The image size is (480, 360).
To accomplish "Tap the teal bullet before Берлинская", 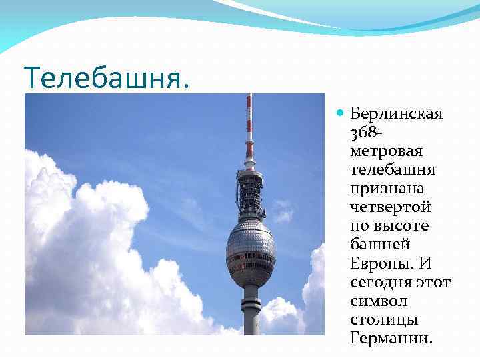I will click(341, 113).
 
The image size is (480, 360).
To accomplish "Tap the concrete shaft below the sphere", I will click(250, 310).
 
